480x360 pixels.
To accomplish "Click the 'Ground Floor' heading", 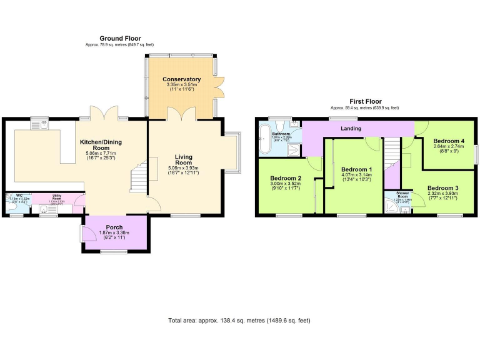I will click(120, 38).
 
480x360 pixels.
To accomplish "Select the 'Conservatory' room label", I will click(181, 79).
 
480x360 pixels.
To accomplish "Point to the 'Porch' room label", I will click(114, 227).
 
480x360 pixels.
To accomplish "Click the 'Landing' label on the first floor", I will click(352, 129).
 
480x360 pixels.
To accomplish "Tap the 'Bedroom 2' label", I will click(286, 178).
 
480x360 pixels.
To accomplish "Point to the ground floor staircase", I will click(138, 176).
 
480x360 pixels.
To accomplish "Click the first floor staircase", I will click(391, 152).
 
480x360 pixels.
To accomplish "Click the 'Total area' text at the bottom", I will click(239, 321).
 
